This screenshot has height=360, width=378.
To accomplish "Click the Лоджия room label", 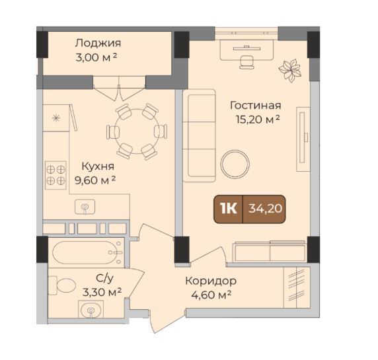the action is [98, 44].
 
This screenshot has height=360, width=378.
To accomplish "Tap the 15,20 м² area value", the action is [258, 120].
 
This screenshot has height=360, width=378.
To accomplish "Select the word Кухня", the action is [98, 166].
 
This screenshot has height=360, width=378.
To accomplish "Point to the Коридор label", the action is [211, 281].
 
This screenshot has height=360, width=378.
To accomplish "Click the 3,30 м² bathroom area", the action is [102, 292].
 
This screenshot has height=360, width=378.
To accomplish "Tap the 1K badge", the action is [228, 209].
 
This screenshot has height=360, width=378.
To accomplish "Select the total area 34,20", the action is [265, 209].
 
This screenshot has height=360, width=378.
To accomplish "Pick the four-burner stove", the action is [56, 175].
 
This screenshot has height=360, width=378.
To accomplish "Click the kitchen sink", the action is [85, 207].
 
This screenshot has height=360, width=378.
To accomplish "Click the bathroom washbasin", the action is [91, 309].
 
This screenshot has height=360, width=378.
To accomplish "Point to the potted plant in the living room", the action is [289, 70].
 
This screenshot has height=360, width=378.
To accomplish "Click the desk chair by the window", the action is [247, 62].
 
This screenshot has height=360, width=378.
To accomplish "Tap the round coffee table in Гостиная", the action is [235, 164].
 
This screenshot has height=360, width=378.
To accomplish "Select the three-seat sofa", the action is [199, 135].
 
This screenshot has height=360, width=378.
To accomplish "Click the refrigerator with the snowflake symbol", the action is [56, 118].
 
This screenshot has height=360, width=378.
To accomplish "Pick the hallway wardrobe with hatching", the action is [297, 287].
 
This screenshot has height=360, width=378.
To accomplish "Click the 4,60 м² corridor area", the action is [211, 295].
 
